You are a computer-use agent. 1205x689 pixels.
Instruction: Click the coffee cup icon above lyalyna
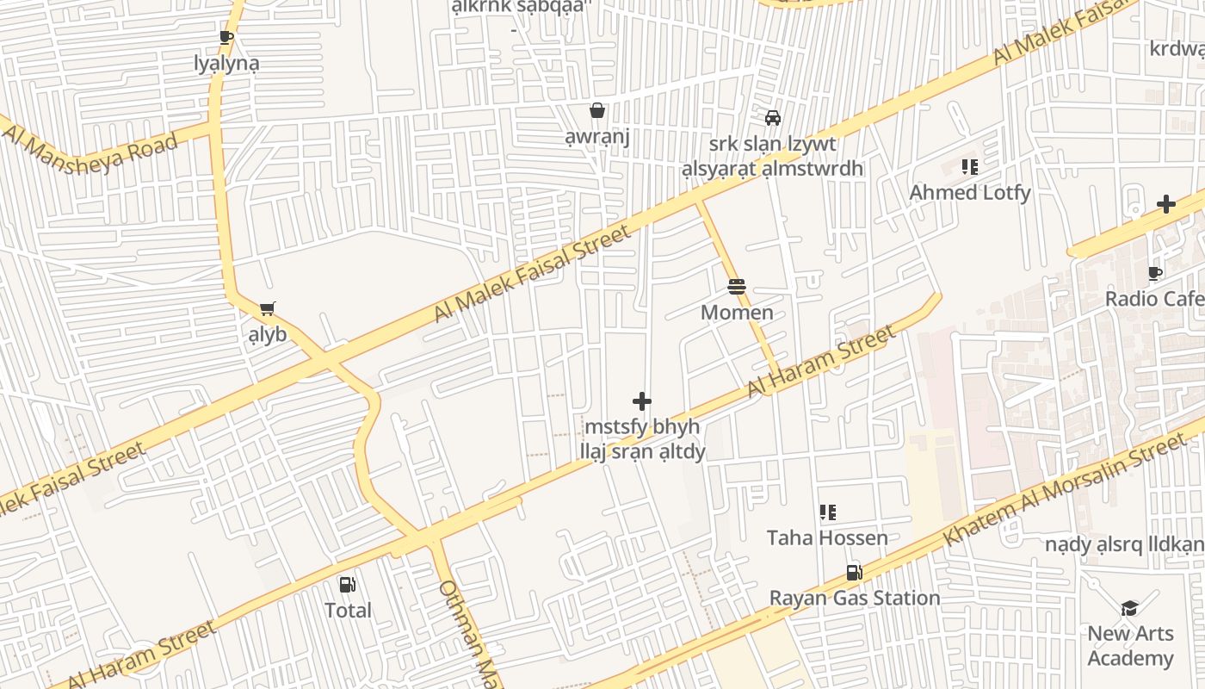226,37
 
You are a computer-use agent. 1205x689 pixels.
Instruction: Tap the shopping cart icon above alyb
267,308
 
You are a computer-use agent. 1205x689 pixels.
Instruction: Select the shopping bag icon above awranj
596,110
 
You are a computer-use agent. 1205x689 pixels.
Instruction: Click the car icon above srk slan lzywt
772,118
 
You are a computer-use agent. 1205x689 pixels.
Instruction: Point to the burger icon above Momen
737,287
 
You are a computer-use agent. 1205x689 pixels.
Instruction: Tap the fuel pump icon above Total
348,585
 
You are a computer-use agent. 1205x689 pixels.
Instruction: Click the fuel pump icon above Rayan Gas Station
854,573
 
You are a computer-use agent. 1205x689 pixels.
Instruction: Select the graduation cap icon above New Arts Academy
1129,608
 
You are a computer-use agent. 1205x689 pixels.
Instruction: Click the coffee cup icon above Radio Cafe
1155,274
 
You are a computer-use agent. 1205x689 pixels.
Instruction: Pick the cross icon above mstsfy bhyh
642,401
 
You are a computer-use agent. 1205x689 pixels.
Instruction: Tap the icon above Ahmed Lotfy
970,167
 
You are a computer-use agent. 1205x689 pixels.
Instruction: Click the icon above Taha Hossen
827,513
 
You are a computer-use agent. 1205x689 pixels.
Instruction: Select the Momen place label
737,312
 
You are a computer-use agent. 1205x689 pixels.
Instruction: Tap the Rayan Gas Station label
854,598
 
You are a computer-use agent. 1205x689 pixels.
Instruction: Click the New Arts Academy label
1130,646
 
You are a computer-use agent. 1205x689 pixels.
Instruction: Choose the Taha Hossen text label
827,538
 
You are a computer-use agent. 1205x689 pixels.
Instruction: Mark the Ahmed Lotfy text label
970,192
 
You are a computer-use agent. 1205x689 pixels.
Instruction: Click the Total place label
348,611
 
